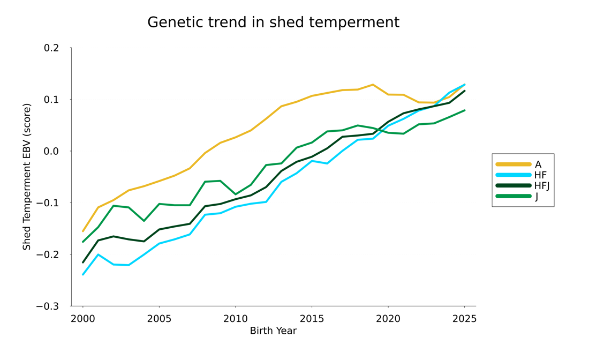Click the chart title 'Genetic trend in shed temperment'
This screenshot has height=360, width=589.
(273, 22)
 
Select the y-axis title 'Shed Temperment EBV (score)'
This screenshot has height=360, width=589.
(27, 177)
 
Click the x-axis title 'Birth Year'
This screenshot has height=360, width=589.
(273, 331)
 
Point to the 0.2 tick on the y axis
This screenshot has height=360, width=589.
(51, 48)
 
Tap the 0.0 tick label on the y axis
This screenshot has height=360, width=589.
(51, 151)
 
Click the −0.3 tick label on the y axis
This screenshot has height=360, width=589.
(48, 306)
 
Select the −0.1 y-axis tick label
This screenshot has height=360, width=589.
(48, 203)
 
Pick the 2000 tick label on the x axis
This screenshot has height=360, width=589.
(83, 319)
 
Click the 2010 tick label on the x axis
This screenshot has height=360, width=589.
(235, 319)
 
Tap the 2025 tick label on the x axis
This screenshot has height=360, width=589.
(464, 319)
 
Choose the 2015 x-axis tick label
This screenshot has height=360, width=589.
(312, 319)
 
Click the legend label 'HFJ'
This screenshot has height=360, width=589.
(542, 186)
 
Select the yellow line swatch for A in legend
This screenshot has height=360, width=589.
(514, 164)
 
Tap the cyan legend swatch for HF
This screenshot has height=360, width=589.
(514, 175)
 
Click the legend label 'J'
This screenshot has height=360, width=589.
(537, 197)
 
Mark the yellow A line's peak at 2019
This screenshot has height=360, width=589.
(373, 85)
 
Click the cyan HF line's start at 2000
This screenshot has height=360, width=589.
(83, 274)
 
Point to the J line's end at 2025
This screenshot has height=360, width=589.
(464, 110)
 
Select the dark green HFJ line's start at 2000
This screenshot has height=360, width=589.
(83, 262)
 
